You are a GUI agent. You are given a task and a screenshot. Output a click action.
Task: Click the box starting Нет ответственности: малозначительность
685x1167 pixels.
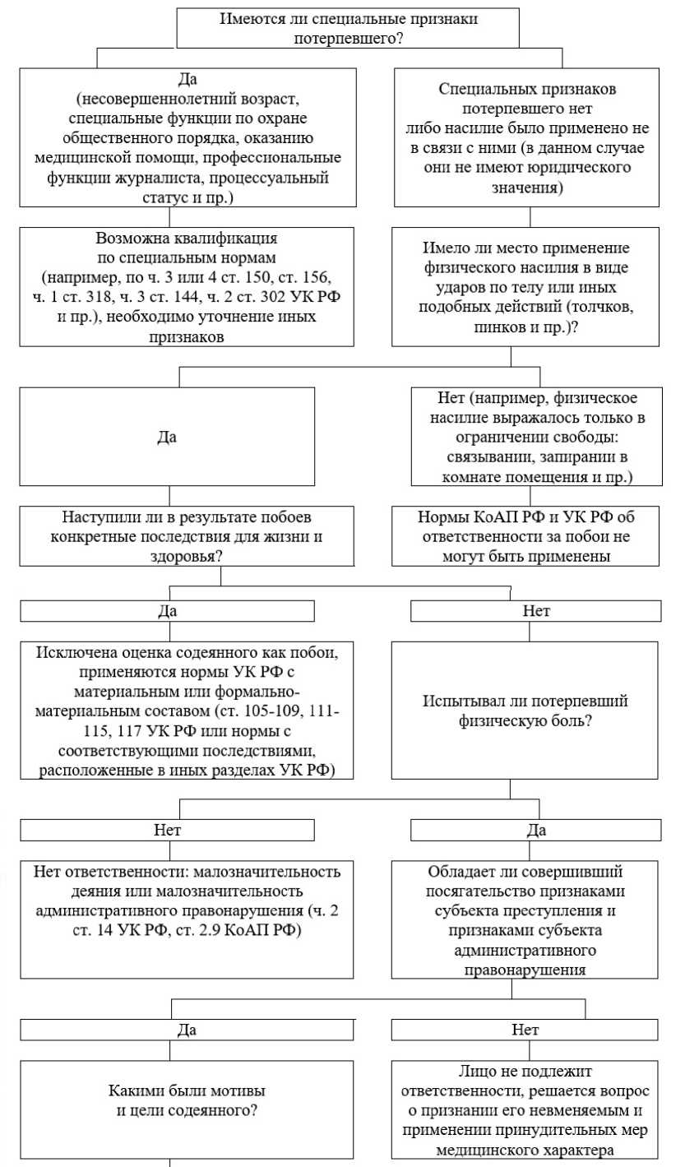[169, 917]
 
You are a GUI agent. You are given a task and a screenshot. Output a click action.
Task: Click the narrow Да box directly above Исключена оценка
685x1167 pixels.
[168, 611]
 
